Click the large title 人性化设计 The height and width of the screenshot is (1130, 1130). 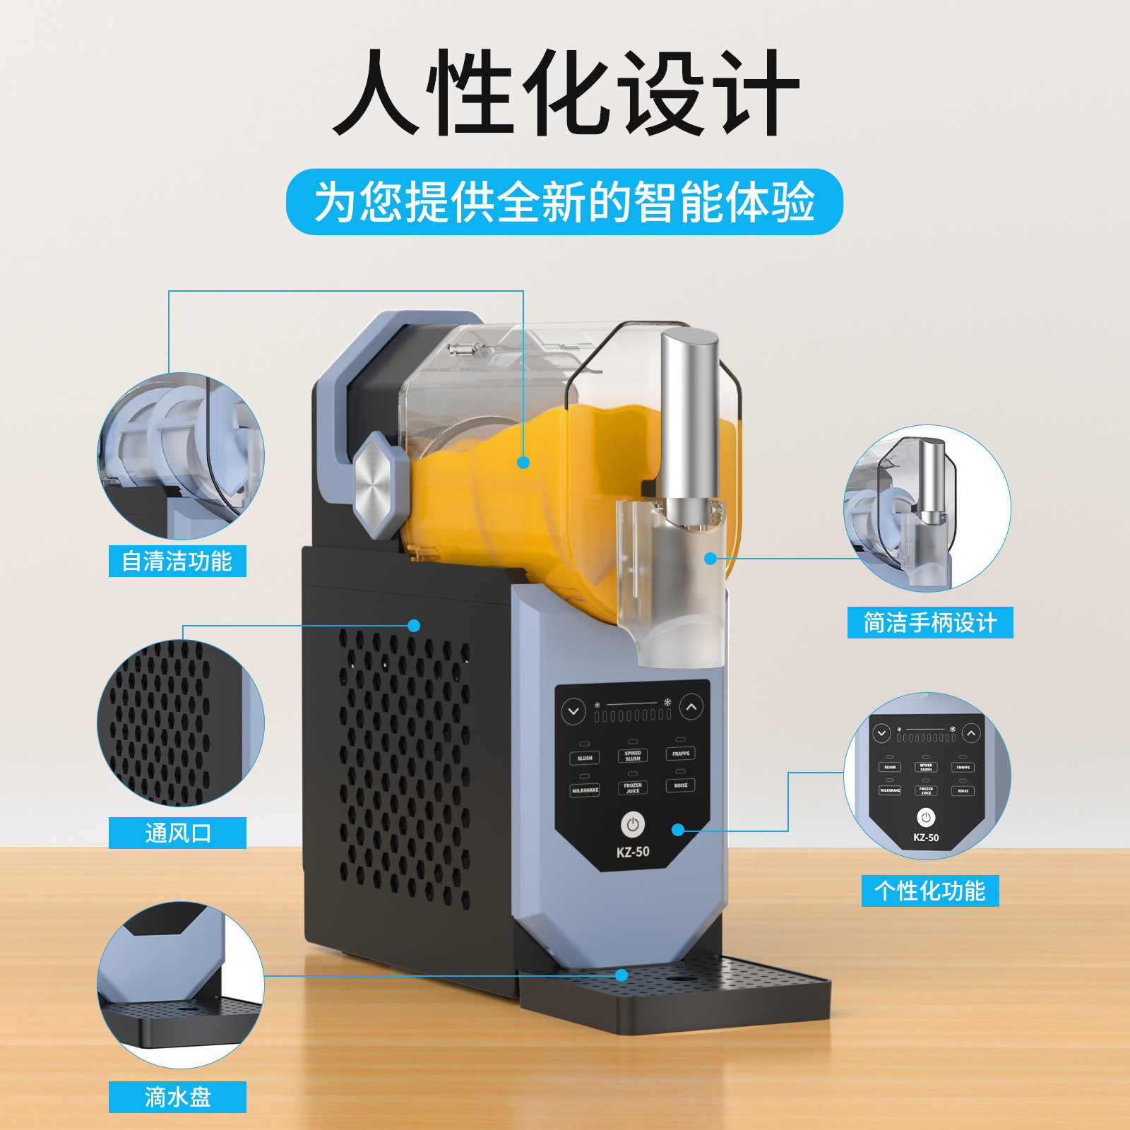point(565,92)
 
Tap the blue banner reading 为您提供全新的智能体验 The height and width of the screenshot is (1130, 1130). point(564,202)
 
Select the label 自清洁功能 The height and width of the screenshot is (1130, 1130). point(177,561)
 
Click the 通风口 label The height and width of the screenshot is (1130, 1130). point(177,833)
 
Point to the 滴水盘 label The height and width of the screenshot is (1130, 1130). point(177,1097)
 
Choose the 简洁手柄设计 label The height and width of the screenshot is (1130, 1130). point(930,622)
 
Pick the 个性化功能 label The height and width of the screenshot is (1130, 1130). point(930,891)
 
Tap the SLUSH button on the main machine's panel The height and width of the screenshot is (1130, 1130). point(585,759)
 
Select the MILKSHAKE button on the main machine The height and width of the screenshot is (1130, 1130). point(585,790)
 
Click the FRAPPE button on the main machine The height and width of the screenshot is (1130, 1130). point(681,754)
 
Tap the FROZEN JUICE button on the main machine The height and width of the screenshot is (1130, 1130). point(633,787)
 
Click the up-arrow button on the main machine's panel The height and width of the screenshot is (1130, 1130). point(691,706)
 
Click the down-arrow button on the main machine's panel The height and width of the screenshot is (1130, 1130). point(573,711)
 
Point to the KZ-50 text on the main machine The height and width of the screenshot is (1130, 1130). point(633,852)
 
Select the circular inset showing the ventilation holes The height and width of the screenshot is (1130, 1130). point(180,722)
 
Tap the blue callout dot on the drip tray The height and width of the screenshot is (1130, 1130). point(621,975)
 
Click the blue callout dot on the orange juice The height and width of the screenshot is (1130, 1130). point(523,463)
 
